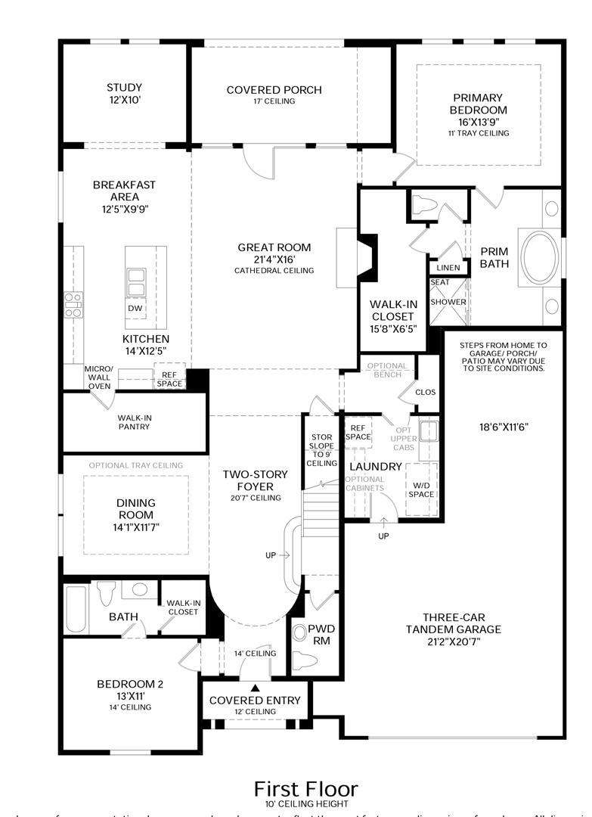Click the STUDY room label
[x=124, y=88]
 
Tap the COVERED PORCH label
[x=274, y=90]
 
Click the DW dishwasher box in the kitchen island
[x=135, y=308]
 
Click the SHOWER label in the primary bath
[x=448, y=302]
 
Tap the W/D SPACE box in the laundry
[x=422, y=489]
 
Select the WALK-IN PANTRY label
[x=133, y=421]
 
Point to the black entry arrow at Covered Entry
[x=255, y=688]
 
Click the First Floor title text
[x=305, y=790]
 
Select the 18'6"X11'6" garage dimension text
[x=503, y=427]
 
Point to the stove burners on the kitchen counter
[x=73, y=304]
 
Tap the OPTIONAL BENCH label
[x=386, y=371]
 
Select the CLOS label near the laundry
[x=426, y=393]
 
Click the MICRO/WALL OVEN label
[x=98, y=377]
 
